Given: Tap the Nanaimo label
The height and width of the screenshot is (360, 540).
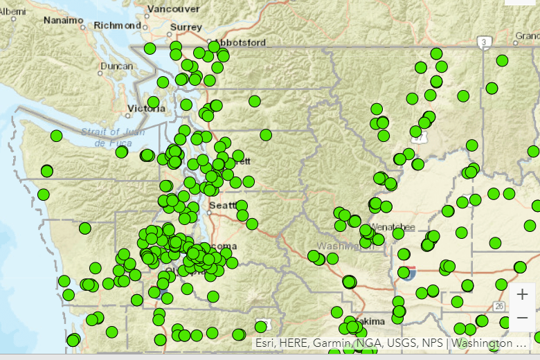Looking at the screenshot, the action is pos(64,20).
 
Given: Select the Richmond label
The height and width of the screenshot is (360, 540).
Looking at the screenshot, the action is pos(117,25).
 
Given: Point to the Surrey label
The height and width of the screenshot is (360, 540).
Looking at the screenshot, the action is pos(186,27).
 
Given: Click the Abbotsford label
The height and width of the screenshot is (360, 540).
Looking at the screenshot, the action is pos(240,42).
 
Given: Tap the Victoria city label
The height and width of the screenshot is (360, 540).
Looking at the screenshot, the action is pos(147,109).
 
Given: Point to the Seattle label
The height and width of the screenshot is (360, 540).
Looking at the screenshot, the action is pos(223,206).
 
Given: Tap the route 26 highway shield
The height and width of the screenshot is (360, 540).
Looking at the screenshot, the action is pos(499,306).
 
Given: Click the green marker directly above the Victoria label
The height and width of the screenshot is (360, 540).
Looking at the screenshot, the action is pos(153,102).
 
